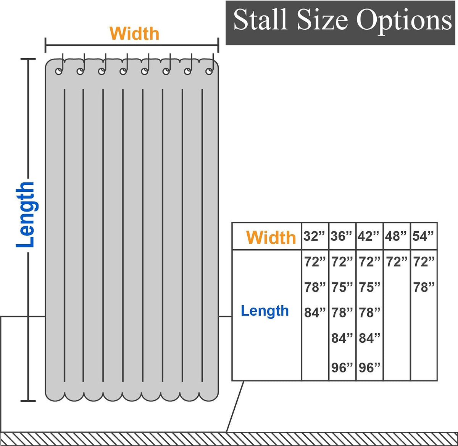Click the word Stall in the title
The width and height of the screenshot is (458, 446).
[x=260, y=20]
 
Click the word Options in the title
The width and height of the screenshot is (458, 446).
[x=404, y=22]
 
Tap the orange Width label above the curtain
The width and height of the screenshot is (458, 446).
[x=134, y=34]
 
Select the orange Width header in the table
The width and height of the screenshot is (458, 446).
[x=271, y=238]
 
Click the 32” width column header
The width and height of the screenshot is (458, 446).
[x=314, y=236]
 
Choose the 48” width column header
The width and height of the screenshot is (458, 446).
[x=396, y=236]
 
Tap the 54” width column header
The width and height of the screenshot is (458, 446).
[x=423, y=236]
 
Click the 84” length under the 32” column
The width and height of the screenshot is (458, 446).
[x=315, y=313]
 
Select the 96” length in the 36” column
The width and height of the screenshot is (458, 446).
[x=342, y=368]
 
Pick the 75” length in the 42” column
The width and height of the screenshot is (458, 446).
[x=369, y=287]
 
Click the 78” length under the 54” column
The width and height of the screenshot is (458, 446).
[x=424, y=287]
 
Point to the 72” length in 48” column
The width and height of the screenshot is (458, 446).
[x=397, y=262]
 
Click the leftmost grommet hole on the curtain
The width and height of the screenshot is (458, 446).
[x=59, y=71]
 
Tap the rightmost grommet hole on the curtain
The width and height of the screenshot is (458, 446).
[x=209, y=71]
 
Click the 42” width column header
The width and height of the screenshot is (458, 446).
[x=368, y=236]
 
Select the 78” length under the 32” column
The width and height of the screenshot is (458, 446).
[x=315, y=287]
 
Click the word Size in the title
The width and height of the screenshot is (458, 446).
[x=323, y=20]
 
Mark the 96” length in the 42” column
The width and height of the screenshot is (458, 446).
[x=369, y=368]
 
